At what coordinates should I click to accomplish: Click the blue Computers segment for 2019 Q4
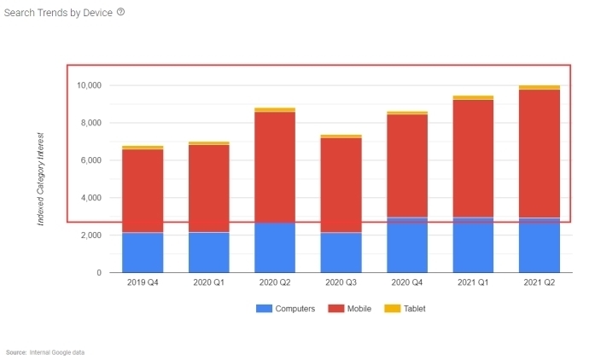[143, 253]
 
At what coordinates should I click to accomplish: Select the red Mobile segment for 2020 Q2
[275, 167]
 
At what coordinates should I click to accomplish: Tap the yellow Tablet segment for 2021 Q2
[540, 87]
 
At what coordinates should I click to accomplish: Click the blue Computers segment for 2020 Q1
[209, 253]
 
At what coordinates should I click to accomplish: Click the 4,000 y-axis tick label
[90, 198]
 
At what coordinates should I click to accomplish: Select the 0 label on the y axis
[99, 272]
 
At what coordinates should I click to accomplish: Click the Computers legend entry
[287, 308]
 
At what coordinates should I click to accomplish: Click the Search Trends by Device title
[58, 13]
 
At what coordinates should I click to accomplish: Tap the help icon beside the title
[120, 12]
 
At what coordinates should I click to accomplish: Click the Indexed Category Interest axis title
[40, 179]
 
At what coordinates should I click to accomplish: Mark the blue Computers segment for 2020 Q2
[275, 247]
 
